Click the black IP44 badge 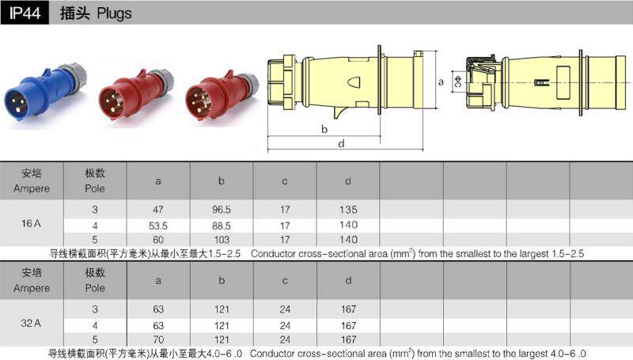click(x=25, y=13)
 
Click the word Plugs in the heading click(x=114, y=13)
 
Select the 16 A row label click(x=31, y=223)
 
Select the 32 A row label click(x=31, y=323)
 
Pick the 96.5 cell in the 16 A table click(x=222, y=210)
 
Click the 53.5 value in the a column click(x=157, y=225)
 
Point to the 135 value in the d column click(x=348, y=210)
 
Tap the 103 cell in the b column click(x=222, y=240)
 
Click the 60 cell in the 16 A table click(x=158, y=240)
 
